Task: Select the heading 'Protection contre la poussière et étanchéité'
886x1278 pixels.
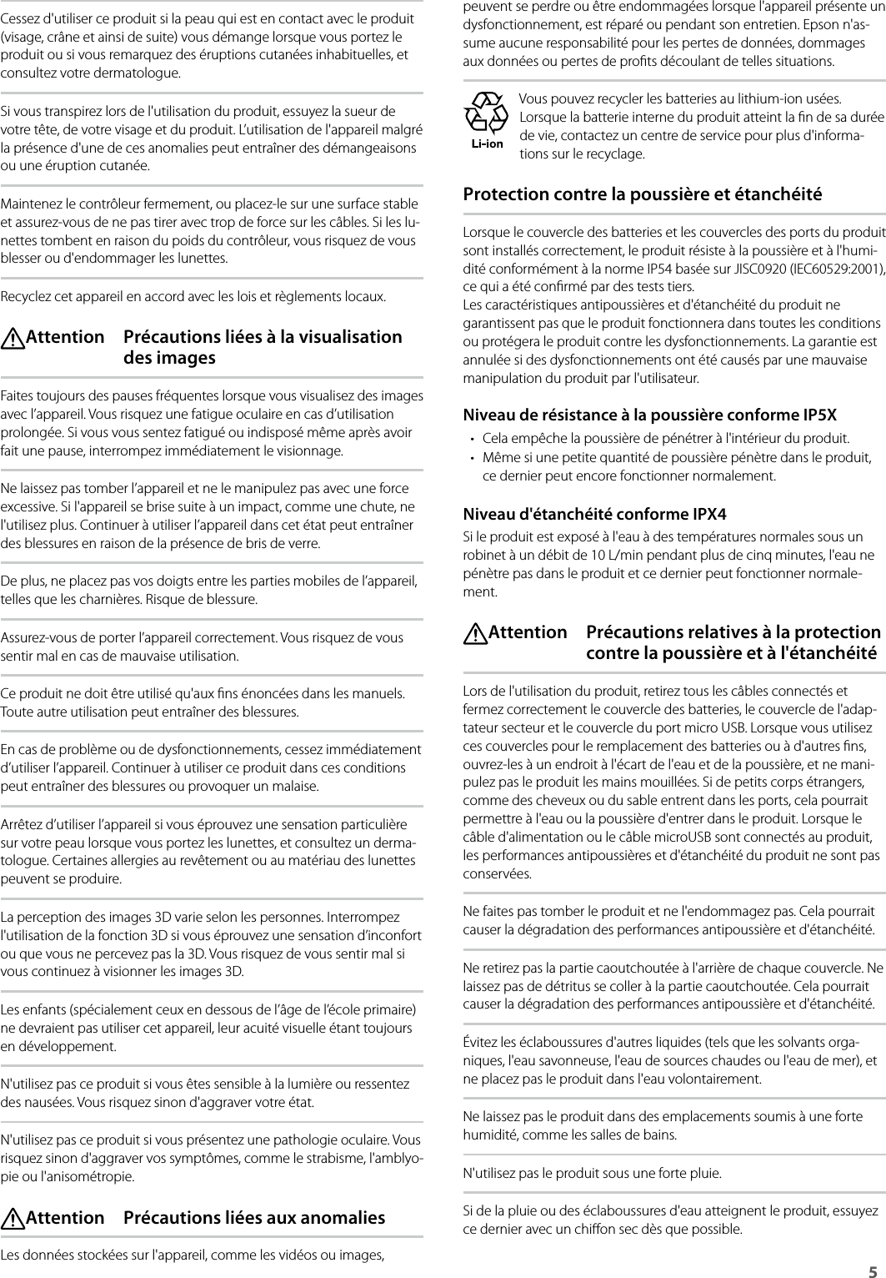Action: (x=642, y=194)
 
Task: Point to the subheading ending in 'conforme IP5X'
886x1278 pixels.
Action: (x=650, y=415)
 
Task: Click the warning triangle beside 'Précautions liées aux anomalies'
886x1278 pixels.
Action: (x=14, y=1219)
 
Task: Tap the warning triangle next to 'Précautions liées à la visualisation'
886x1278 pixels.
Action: (x=14, y=338)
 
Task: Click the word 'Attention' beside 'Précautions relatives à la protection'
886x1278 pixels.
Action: (x=527, y=632)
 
